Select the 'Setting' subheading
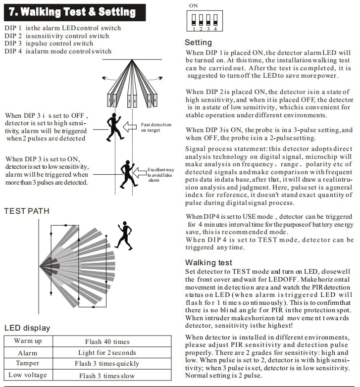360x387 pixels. (198, 43)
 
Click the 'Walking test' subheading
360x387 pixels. (208, 262)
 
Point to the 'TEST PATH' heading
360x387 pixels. (27, 211)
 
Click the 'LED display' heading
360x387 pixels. (27, 328)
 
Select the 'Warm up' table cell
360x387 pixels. (27, 341)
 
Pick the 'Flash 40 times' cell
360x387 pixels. (107, 341)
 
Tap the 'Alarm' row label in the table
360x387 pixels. (27, 353)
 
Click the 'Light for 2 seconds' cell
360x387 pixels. (107, 353)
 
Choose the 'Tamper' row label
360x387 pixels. (27, 364)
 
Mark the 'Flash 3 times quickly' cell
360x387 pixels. (107, 364)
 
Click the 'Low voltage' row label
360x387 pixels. (27, 375)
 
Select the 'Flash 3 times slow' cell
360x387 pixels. (107, 375)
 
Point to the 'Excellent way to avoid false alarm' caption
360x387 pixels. (159, 175)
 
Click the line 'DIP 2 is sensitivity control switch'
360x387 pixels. (57, 36)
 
